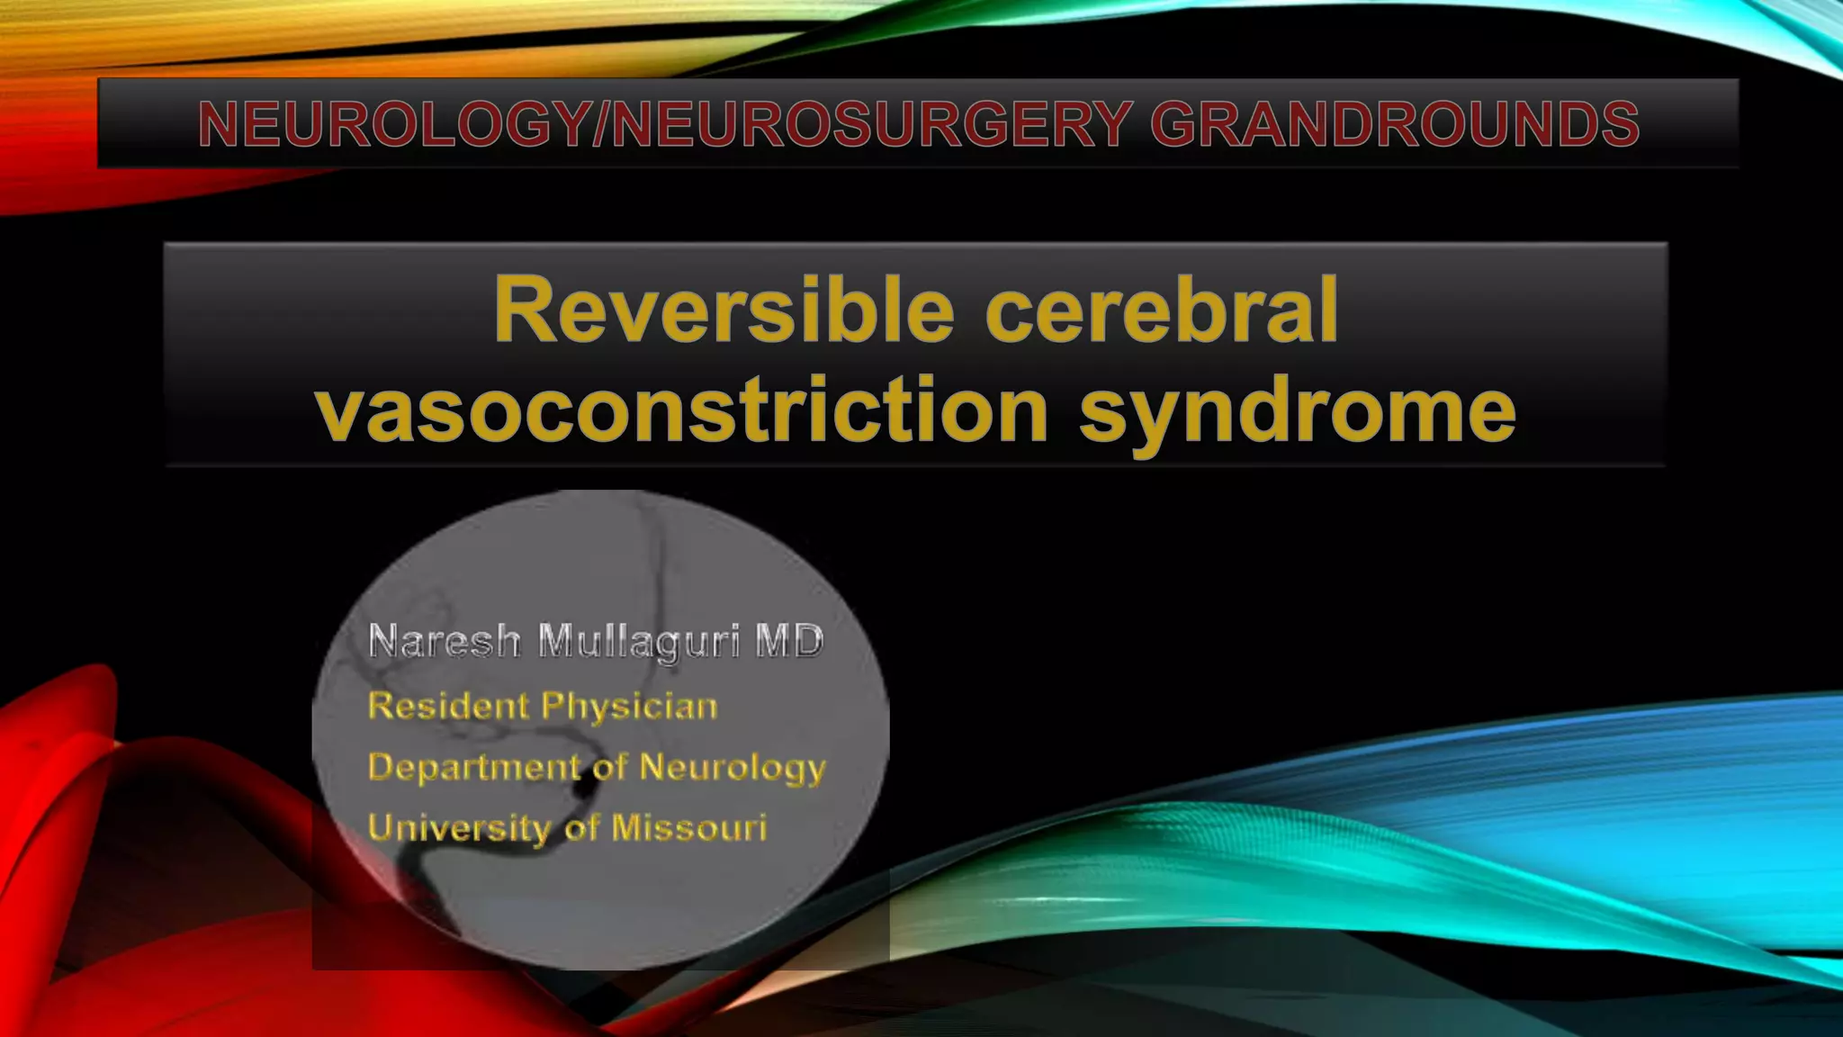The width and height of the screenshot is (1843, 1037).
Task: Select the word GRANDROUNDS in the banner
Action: click(x=1394, y=124)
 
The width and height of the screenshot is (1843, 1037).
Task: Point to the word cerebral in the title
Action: click(x=1161, y=311)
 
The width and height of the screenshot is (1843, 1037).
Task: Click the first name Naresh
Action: click(x=445, y=642)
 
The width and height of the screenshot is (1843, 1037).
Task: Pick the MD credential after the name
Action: click(x=789, y=642)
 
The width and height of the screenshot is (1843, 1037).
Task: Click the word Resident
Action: click(x=448, y=706)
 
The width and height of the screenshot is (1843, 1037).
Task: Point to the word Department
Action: click(x=473, y=768)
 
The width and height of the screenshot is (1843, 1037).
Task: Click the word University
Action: click(x=459, y=828)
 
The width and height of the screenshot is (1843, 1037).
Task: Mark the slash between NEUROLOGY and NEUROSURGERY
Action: click(x=601, y=124)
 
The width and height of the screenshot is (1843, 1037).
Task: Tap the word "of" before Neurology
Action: click(x=609, y=768)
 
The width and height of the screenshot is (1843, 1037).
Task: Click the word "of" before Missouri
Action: click(x=581, y=827)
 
